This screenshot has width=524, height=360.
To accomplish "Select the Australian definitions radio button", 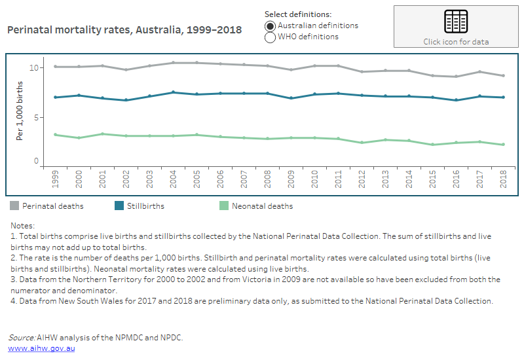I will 270,26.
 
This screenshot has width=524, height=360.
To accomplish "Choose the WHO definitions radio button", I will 270,37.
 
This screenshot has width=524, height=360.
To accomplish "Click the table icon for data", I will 455,22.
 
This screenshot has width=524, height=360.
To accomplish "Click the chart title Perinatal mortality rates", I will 124,30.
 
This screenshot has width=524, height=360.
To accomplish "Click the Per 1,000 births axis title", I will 20,117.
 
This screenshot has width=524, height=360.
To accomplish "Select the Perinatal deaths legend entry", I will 47,206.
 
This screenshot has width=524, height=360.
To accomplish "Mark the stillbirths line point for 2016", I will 457,100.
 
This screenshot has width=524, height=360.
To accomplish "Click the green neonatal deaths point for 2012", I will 361,143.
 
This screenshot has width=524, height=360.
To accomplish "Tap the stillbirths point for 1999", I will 56,98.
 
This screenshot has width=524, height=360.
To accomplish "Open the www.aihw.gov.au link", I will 41,348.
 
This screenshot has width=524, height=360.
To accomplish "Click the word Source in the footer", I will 22,338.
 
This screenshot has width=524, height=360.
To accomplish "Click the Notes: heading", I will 23,225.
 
